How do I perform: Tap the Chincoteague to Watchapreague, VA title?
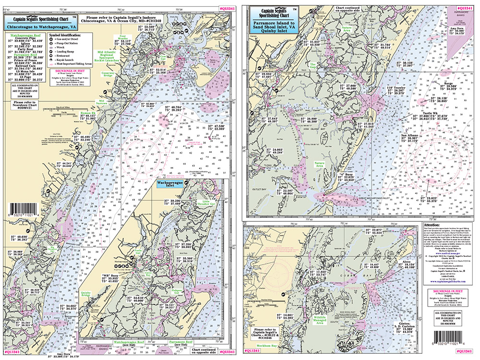(x=39, y=27)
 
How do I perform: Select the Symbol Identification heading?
(x=69, y=36)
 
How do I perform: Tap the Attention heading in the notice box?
(x=434, y=224)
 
